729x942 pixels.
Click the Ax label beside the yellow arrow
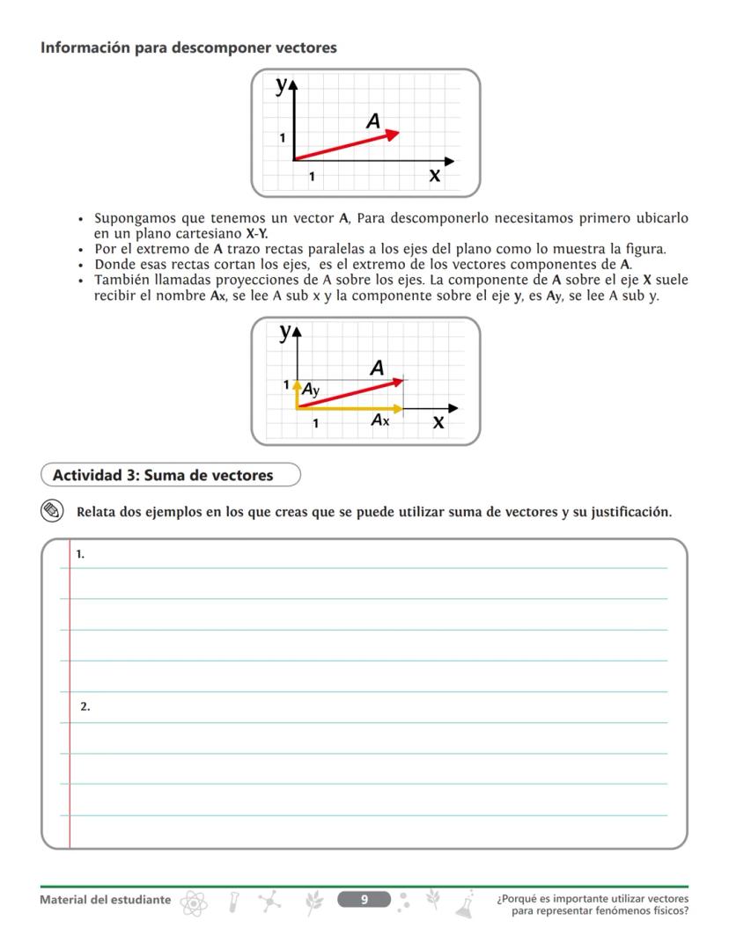380,420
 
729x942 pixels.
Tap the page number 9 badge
364,899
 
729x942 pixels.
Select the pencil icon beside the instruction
53,511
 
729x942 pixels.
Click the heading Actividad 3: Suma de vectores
163,476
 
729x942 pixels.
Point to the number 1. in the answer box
80,554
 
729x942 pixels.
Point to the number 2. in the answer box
85,706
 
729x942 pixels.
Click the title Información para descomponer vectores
188,47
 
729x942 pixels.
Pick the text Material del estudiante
106,900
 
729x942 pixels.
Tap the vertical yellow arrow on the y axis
298,395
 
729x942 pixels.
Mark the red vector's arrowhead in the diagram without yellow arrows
393,134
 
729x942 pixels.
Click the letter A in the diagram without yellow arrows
373,121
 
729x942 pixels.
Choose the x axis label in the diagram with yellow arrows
438,423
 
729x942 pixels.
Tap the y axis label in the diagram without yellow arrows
282,85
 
